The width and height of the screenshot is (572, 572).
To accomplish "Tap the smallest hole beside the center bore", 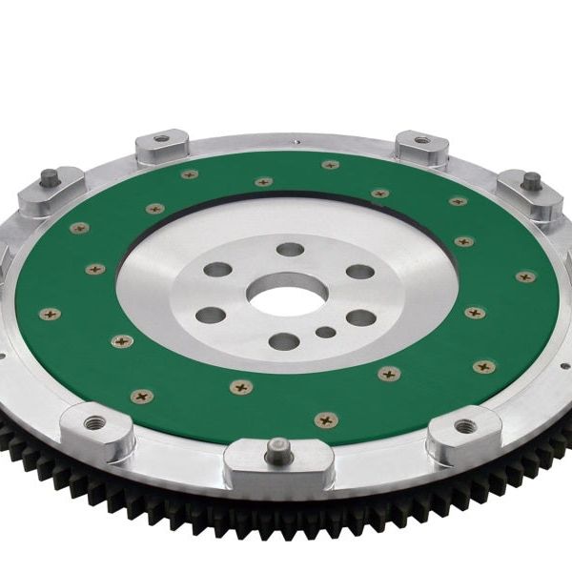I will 326,333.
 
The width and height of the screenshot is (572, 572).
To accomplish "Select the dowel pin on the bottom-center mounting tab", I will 277,447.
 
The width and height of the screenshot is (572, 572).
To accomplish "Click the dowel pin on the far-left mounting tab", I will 48,177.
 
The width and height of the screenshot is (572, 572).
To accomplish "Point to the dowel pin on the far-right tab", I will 531,179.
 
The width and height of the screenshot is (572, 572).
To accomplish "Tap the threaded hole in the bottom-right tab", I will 464,426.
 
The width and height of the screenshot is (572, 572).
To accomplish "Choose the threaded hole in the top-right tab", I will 420,140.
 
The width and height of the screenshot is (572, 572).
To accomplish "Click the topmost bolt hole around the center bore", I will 290,251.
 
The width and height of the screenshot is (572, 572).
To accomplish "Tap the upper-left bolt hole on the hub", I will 218,270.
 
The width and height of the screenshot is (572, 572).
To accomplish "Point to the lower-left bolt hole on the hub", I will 210,315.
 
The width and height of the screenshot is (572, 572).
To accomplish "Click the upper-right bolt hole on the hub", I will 360,272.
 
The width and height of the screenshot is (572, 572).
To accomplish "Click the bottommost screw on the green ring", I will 326,419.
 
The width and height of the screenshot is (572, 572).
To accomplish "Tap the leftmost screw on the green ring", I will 50,314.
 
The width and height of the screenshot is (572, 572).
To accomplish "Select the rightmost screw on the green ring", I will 526,277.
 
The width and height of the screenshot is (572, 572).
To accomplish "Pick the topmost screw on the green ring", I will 330,165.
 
